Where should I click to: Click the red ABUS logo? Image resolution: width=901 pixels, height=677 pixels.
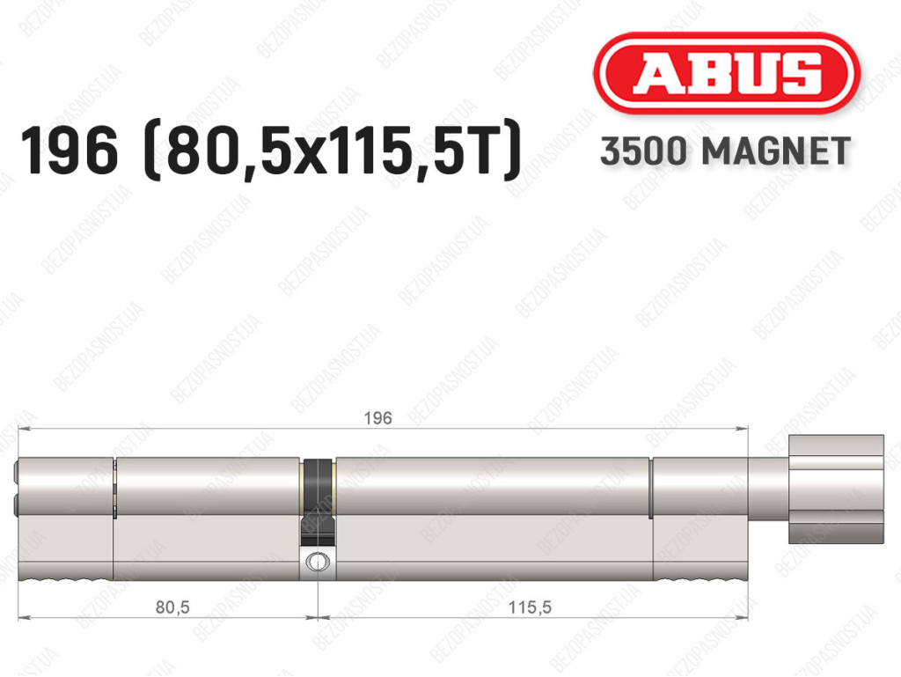click(x=726, y=74)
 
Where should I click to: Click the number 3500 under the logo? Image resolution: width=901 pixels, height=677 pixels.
click(x=643, y=151)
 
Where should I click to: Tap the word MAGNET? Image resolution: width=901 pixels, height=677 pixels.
click(x=776, y=151)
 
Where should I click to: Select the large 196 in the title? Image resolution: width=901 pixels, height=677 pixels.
click(x=70, y=151)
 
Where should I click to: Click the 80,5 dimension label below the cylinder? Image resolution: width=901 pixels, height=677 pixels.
click(x=172, y=607)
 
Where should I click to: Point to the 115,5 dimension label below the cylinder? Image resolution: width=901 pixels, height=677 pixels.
click(x=529, y=607)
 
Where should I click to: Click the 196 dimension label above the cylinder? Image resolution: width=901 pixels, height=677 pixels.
click(x=378, y=418)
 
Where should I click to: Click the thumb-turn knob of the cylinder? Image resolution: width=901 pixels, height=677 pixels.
click(x=836, y=489)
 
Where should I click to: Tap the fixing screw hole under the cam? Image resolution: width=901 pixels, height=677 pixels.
click(x=317, y=560)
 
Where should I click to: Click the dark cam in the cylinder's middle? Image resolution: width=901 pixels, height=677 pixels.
click(x=317, y=501)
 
